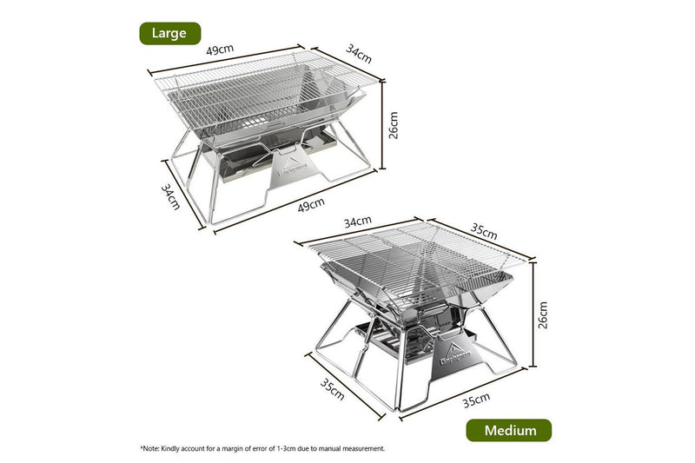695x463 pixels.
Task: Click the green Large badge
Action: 170,33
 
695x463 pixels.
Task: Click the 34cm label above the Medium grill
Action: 357,222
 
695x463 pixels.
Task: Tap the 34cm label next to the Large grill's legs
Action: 171,195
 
